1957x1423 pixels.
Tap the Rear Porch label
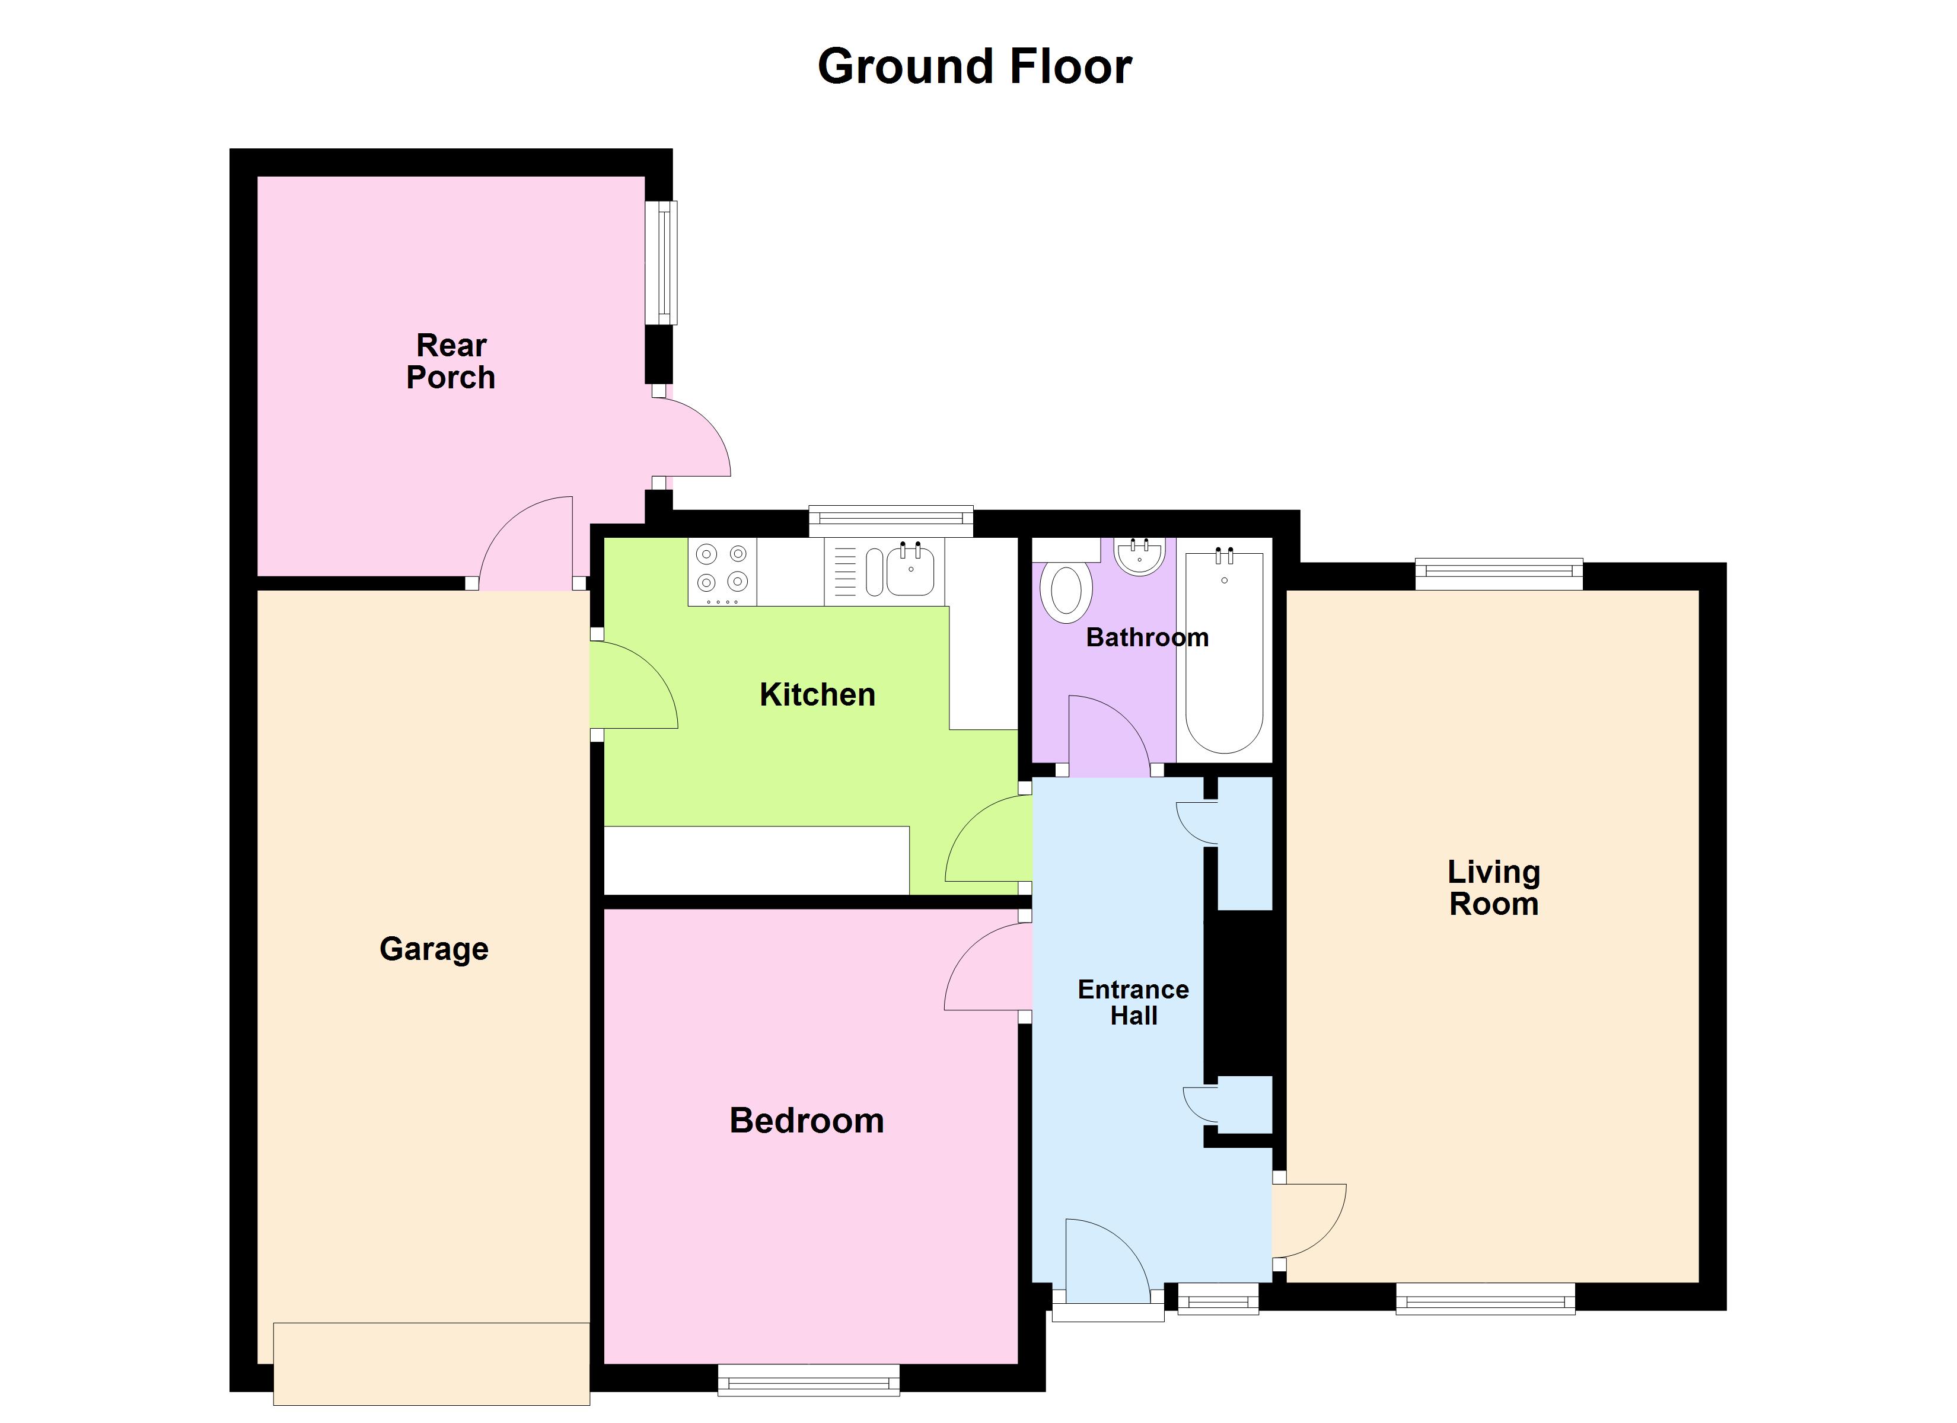tap(451, 362)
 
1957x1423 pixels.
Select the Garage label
tap(434, 949)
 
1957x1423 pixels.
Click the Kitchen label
tap(817, 695)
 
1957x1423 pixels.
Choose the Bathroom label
tap(1147, 638)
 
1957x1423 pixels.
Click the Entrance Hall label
tap(1133, 1002)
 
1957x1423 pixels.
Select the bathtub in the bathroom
tap(1225, 652)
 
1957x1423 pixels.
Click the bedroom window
tap(808, 1379)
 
